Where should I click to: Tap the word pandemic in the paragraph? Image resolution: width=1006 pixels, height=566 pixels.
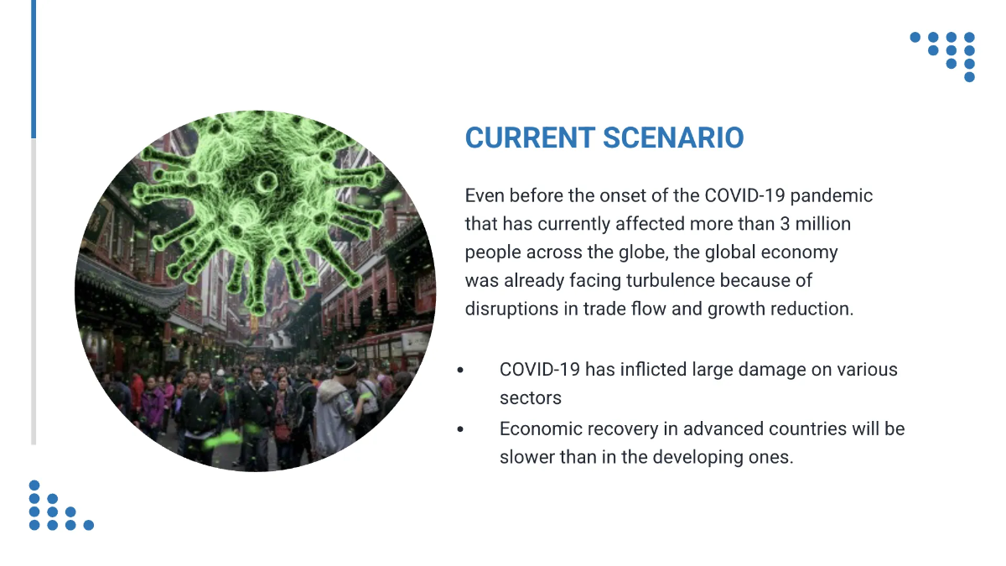[832, 196]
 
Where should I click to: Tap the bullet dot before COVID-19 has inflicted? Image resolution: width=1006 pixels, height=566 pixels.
[460, 370]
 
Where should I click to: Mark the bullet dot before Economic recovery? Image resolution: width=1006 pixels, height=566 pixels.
[460, 429]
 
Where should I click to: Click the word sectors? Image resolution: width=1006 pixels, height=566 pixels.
[530, 397]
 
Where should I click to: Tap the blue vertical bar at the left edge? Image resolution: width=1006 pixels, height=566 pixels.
[34, 69]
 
